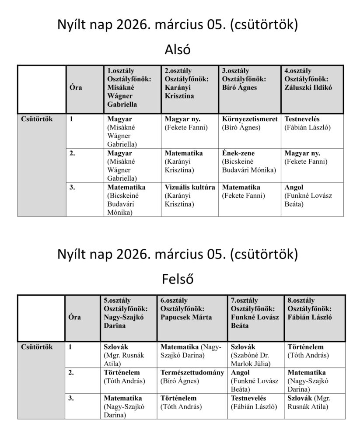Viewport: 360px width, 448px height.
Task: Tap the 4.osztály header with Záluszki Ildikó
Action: pos(312,89)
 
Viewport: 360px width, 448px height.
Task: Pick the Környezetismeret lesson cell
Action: pos(249,131)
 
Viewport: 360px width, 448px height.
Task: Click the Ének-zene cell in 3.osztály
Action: pos(249,165)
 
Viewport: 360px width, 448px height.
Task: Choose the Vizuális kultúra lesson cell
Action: pos(190,199)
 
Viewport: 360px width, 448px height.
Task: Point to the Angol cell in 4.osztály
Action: pos(312,199)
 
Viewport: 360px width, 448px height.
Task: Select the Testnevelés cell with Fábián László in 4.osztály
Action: pos(312,131)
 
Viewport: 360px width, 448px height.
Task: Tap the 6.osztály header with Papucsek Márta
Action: pos(192,318)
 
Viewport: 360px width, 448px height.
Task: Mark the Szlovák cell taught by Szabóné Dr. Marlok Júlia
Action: pos(255,355)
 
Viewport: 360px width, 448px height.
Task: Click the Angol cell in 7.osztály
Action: pos(255,381)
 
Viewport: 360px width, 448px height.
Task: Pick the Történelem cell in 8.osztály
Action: pos(314,355)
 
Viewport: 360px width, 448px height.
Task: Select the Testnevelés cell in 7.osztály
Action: pos(255,406)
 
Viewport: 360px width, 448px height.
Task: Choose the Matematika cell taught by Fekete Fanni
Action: pos(249,199)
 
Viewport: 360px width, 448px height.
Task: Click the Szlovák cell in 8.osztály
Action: pos(314,406)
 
